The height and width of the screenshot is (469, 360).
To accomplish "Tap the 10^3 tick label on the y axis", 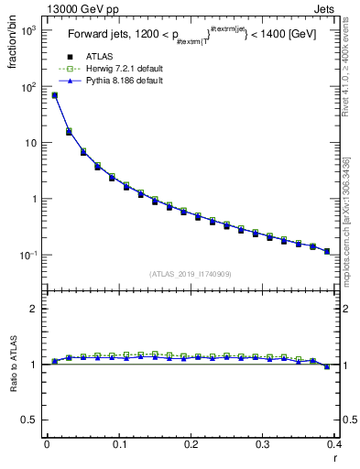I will coord(27,30).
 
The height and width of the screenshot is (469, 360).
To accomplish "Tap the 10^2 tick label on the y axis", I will coord(27,87).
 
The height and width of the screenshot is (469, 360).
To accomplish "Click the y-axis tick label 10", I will coord(29,143).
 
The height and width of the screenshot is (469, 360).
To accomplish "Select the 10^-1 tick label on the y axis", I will coord(27,255).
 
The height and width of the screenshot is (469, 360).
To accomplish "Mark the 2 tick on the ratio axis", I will coord(35,309).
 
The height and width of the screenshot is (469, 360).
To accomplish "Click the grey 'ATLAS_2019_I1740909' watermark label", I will coord(191,274).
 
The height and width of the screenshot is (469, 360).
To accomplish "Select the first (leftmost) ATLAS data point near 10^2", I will coord(54,95).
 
